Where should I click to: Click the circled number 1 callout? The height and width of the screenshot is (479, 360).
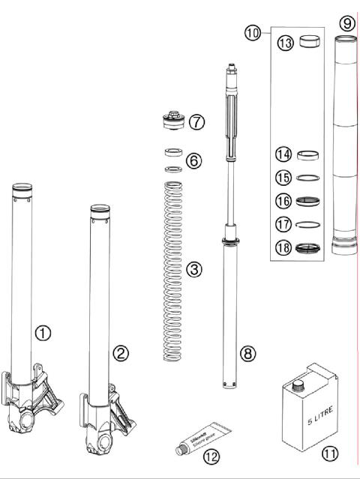point(43,333)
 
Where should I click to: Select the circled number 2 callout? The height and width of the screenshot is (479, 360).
point(119,352)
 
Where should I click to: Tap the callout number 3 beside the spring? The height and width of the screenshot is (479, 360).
point(193,269)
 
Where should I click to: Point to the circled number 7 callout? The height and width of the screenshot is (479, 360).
point(196,121)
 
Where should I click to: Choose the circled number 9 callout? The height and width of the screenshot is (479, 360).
point(346,23)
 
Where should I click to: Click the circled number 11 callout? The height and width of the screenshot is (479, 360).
point(329,454)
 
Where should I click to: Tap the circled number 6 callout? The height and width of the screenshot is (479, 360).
point(193,160)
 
